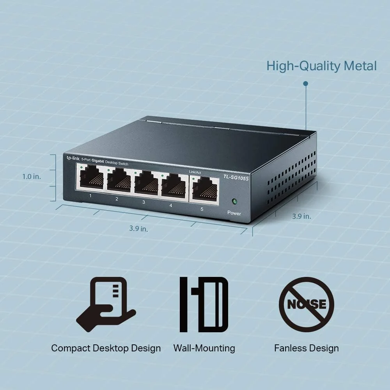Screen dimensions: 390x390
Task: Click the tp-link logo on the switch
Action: (73, 158)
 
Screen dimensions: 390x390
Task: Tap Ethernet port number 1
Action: (92, 177)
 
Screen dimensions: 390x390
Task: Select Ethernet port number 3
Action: (146, 182)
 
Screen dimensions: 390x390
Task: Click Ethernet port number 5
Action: (205, 189)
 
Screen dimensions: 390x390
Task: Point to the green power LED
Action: (234, 201)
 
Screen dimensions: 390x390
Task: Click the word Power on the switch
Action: (234, 213)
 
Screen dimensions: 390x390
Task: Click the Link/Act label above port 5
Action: (195, 172)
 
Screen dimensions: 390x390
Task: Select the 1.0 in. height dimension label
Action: (32, 177)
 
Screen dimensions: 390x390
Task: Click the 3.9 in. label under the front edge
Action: (138, 228)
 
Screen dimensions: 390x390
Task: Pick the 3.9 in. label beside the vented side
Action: (301, 216)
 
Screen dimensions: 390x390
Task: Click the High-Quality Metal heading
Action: (322, 66)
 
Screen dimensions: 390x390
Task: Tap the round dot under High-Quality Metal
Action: (306, 83)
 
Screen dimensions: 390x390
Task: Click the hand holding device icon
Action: (106, 305)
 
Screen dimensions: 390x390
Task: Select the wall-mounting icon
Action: (204, 305)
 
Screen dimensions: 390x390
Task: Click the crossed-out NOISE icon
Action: (307, 305)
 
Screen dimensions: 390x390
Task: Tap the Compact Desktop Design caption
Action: (106, 348)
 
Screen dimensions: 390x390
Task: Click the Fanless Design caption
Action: (307, 348)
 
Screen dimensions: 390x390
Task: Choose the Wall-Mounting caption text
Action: (204, 348)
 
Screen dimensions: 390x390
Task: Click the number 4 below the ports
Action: (171, 206)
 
